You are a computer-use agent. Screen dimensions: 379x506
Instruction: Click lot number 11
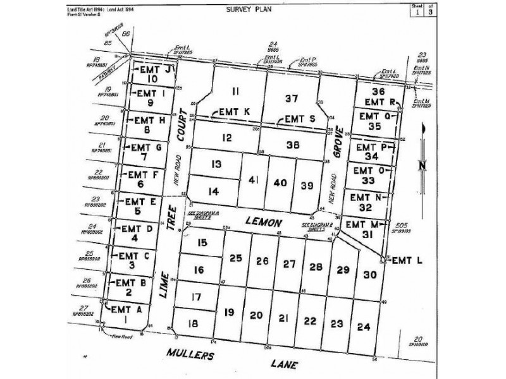236,90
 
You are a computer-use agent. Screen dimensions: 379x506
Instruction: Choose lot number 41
254,181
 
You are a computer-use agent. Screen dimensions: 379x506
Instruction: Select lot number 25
236,258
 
